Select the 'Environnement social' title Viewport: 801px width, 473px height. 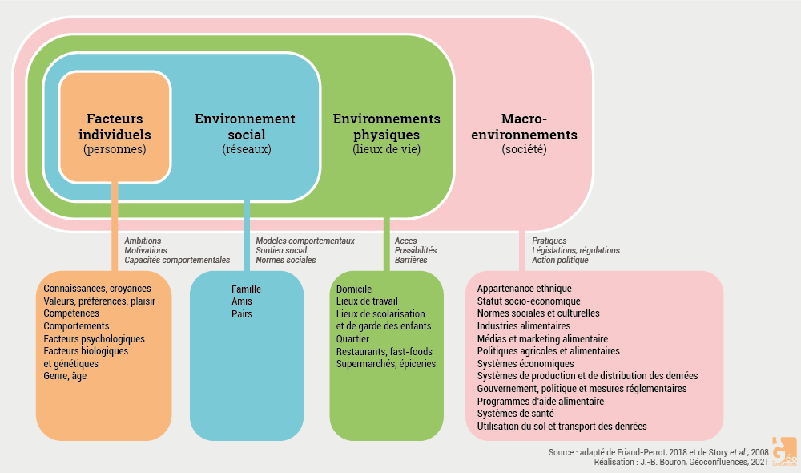click(x=245, y=127)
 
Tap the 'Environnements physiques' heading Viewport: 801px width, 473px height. click(x=387, y=127)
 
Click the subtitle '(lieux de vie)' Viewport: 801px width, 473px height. click(x=387, y=149)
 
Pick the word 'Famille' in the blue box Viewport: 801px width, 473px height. click(x=247, y=289)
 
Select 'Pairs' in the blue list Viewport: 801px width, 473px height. click(x=242, y=314)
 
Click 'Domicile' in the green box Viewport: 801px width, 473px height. click(x=354, y=289)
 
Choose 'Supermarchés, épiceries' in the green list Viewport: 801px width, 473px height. click(x=386, y=364)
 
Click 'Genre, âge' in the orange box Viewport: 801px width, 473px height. click(x=65, y=376)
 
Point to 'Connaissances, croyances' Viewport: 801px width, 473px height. click(x=98, y=289)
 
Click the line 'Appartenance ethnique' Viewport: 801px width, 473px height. click(x=524, y=289)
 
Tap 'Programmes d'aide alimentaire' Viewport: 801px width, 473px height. click(x=541, y=401)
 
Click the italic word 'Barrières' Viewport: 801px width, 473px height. click(x=411, y=260)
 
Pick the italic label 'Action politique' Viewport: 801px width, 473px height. click(x=560, y=260)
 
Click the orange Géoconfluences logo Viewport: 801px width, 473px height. click(x=783, y=450)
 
